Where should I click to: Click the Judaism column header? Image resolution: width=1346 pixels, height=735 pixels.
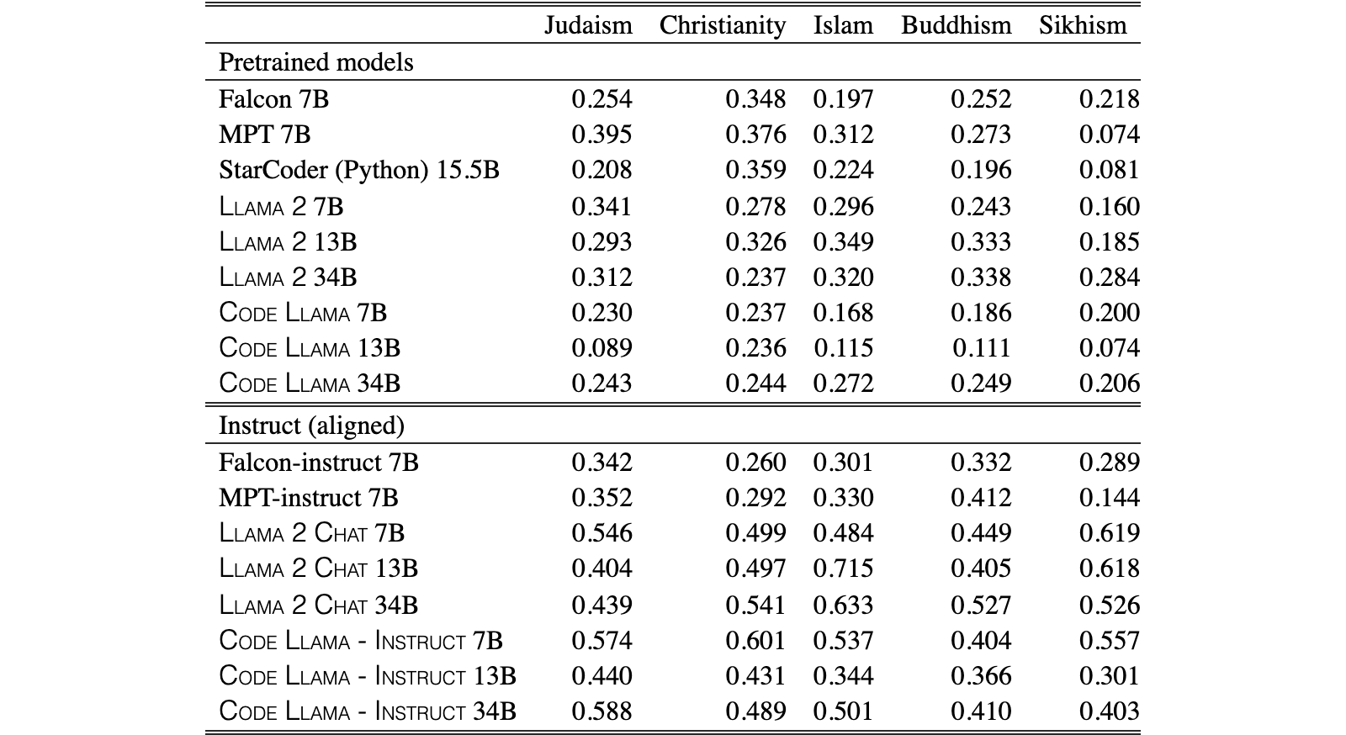click(x=588, y=25)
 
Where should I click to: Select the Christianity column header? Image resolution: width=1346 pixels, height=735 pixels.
click(x=723, y=26)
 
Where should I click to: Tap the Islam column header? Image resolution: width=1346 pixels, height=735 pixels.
click(x=843, y=25)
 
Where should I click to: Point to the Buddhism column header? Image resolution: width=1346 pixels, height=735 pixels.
click(x=956, y=25)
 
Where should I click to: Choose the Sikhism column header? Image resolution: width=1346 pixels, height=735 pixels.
click(x=1083, y=25)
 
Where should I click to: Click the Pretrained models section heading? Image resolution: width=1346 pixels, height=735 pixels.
click(x=316, y=62)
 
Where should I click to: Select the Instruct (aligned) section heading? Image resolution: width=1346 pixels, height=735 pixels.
click(x=311, y=426)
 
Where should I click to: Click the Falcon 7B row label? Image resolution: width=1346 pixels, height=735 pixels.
click(x=273, y=99)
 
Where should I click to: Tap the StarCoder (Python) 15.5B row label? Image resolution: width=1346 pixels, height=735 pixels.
click(x=358, y=170)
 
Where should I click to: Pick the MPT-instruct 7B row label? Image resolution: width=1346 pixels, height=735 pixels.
click(x=308, y=498)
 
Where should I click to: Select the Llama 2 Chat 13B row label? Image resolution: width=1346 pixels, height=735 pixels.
click(x=318, y=568)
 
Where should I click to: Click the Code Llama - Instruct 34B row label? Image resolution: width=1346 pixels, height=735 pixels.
click(x=367, y=711)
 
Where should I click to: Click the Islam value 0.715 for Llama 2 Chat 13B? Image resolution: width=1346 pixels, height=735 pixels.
click(x=843, y=568)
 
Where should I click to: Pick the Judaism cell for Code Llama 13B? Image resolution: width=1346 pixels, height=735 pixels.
click(x=601, y=348)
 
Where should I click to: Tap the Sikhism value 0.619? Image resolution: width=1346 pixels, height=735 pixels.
click(x=1110, y=532)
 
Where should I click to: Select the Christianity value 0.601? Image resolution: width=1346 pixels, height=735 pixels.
click(x=755, y=640)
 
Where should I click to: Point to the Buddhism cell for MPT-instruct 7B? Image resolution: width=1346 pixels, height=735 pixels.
click(x=981, y=498)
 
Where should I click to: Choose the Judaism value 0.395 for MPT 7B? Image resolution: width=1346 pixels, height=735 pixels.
click(x=601, y=135)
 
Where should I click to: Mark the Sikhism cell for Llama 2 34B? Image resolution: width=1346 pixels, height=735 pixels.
click(x=1110, y=278)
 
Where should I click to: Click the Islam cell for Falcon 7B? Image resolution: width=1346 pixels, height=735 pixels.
click(x=843, y=99)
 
